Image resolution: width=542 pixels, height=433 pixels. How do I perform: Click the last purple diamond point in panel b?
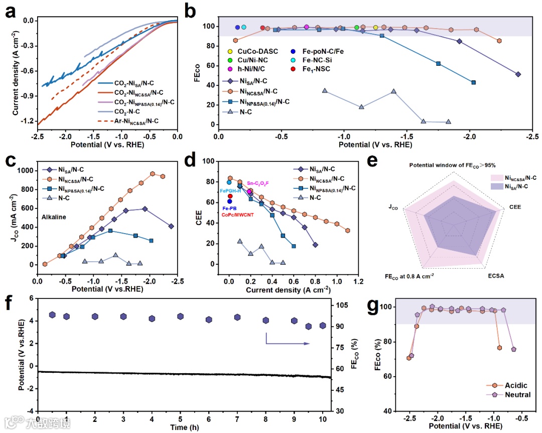tap(518, 74)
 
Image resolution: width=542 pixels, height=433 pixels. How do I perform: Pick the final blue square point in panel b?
tap(473, 82)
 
